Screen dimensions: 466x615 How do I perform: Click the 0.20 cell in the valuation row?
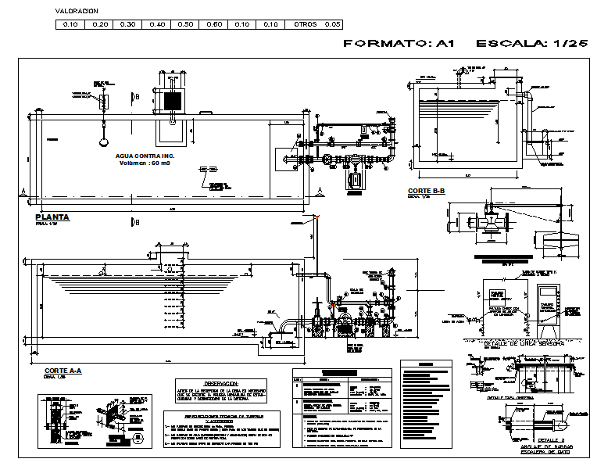tap(99, 25)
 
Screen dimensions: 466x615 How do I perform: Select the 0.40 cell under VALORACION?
tap(156, 25)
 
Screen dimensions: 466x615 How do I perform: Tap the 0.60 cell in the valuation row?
tap(214, 25)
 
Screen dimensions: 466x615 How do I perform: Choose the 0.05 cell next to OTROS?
tap(333, 25)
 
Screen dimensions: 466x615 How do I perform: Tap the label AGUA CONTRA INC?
tap(145, 156)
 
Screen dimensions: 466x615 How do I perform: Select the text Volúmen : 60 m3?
tap(145, 163)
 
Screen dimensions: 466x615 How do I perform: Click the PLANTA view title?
tap(52, 217)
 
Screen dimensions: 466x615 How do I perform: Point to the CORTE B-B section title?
tap(426, 191)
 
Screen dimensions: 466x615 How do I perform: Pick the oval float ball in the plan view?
tap(102, 142)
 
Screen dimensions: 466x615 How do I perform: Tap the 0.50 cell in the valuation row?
tap(185, 25)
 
